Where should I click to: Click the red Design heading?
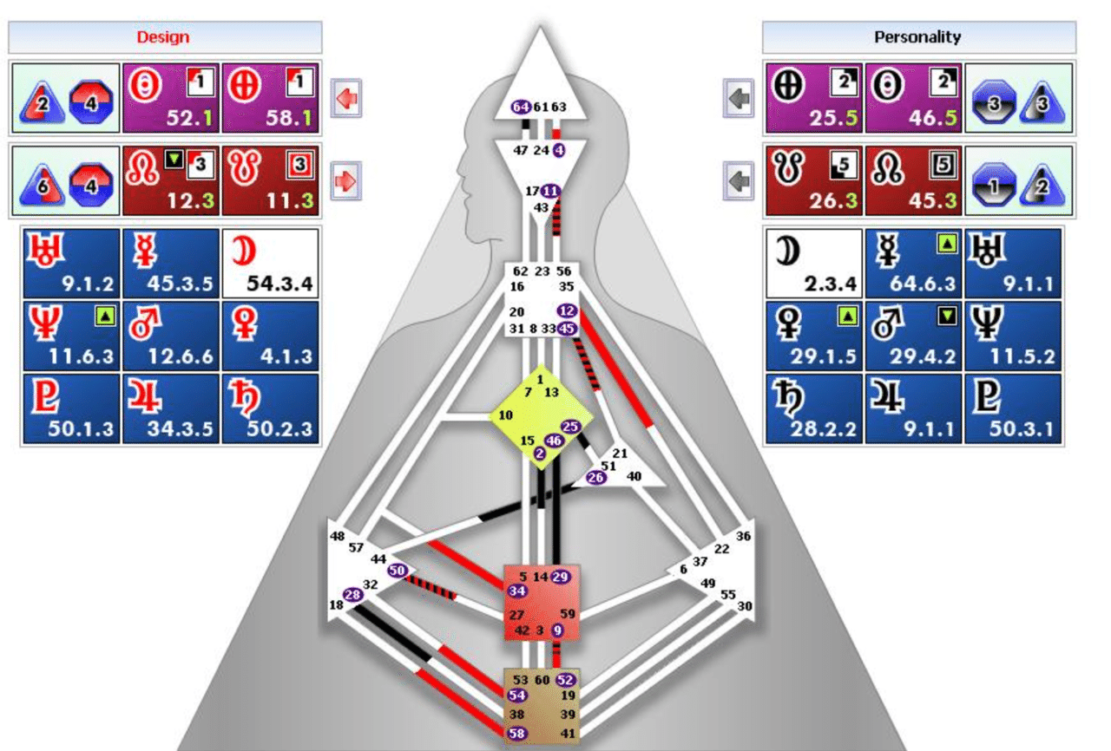[x=163, y=37]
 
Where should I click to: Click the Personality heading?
[x=917, y=37]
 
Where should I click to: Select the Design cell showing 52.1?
[x=171, y=97]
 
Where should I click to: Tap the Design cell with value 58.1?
[x=270, y=97]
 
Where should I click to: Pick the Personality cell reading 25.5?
[x=813, y=97]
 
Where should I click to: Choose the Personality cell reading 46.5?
[x=913, y=97]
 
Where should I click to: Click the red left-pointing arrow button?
[x=346, y=98]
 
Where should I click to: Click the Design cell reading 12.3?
[x=171, y=180]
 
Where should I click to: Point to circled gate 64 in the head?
[x=521, y=108]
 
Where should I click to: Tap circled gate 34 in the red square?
[x=517, y=591]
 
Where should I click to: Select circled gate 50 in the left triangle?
[x=397, y=571]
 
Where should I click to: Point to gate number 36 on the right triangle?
[x=743, y=536]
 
